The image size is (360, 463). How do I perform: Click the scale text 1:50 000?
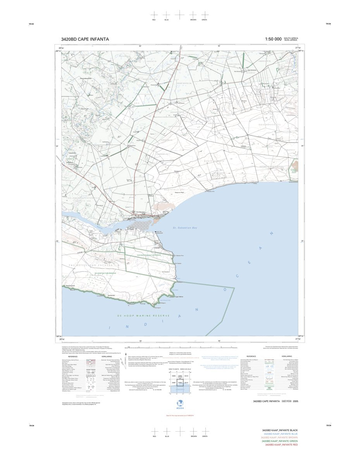(x=273, y=39)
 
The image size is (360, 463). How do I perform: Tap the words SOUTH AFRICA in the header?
(x=291, y=38)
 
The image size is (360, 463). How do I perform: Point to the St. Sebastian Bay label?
(x=185, y=228)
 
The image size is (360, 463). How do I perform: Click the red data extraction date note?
(x=180, y=416)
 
